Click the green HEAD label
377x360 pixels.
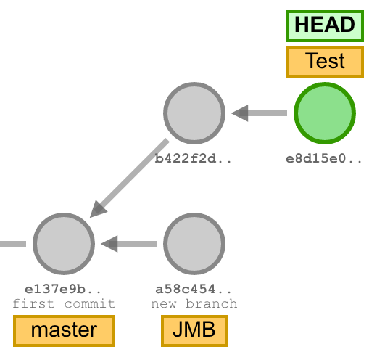[324, 25]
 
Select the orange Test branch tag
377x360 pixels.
[324, 62]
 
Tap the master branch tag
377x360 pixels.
[64, 330]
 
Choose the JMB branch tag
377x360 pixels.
[194, 330]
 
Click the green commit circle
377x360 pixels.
[324, 113]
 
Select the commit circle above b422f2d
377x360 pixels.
[194, 113]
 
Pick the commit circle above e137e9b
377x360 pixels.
[64, 243]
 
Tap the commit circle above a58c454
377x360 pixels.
[194, 243]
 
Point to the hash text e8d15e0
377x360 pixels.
[324, 157]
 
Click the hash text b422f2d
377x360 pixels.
[194, 157]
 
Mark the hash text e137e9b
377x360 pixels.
[64, 288]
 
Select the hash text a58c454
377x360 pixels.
[194, 288]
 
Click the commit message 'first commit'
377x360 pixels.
[64, 303]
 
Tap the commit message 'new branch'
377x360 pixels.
[194, 303]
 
